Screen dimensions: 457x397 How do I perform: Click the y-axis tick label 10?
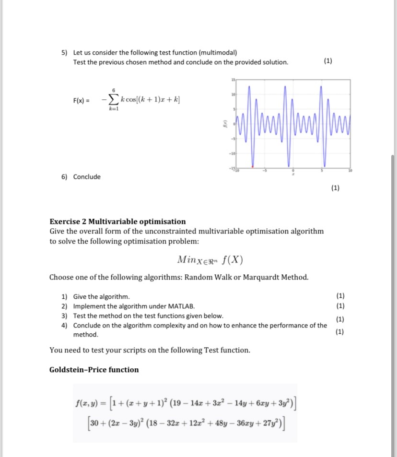[x=234, y=95]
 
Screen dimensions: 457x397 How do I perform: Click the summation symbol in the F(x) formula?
[x=114, y=99]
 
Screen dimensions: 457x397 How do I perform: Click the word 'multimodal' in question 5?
[x=218, y=52]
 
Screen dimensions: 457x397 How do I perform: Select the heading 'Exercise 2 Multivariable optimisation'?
[x=117, y=221]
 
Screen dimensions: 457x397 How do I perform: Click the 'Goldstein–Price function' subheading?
[x=94, y=369]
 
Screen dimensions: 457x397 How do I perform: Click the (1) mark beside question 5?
[x=327, y=61]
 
